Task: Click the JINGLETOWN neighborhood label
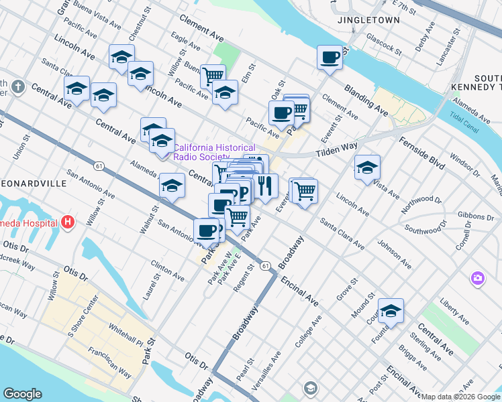click(368, 20)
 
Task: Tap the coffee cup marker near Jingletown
click(330, 58)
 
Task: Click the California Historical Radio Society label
click(214, 152)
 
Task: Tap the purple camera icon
click(477, 277)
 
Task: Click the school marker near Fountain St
click(391, 311)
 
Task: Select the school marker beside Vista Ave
click(367, 167)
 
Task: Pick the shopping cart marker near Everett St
click(305, 191)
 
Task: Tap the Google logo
click(22, 394)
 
